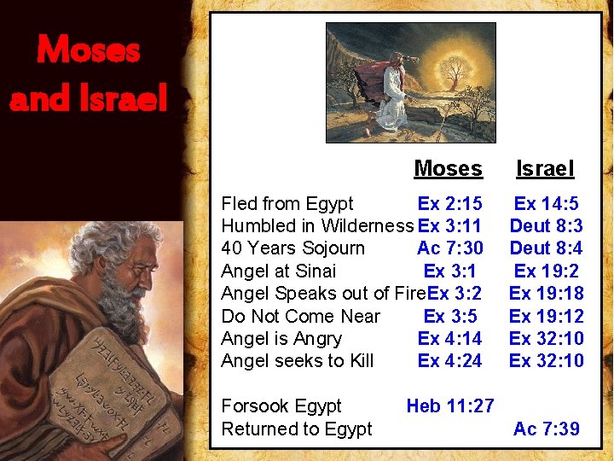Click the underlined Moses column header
[448, 169]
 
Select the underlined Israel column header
[545, 169]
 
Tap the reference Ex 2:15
[449, 204]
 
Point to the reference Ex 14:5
[546, 204]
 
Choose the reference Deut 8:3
[546, 226]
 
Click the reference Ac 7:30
[449, 248]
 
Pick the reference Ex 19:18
[546, 294]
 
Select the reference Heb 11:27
[449, 406]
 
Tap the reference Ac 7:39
[546, 429]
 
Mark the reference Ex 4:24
[449, 361]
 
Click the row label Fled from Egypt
[287, 204]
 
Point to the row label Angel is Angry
[281, 339]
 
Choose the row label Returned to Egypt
[296, 429]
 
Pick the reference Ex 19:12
[546, 317]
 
